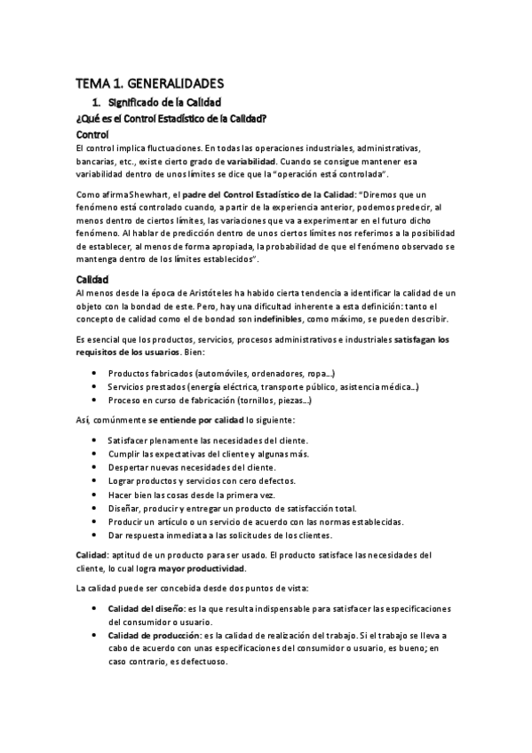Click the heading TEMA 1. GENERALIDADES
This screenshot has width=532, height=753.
149,83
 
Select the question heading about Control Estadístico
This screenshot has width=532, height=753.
173,118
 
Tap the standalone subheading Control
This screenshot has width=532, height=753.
93,133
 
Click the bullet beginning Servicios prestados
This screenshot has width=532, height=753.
263,387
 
